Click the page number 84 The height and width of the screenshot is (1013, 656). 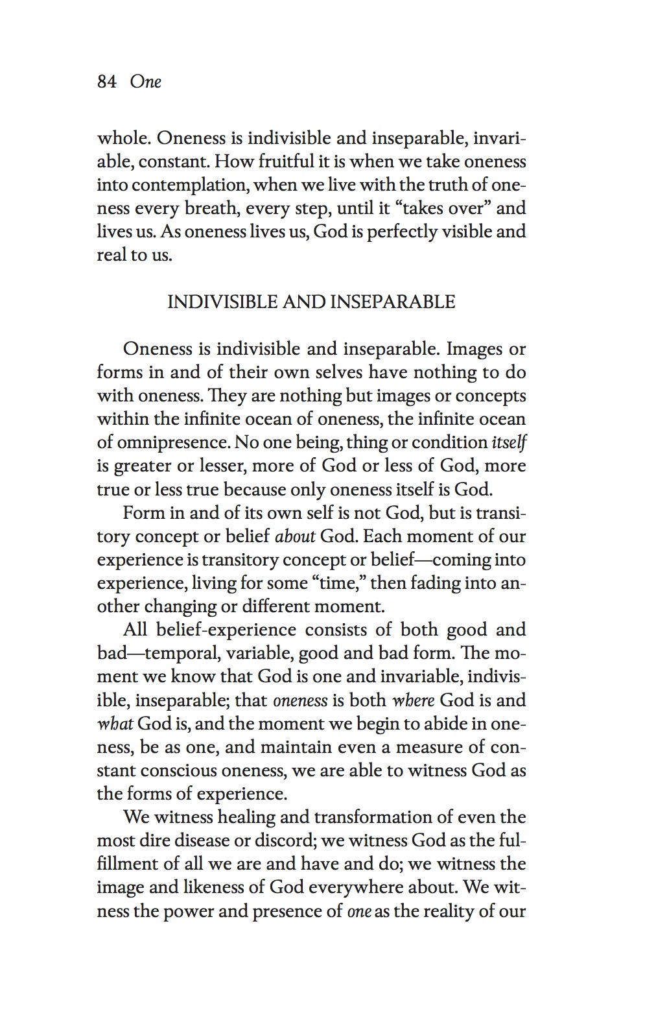(106, 82)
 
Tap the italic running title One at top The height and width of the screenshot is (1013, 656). (145, 82)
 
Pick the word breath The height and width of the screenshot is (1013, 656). (211, 208)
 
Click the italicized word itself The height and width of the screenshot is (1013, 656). (509, 443)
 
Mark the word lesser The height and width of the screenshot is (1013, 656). (218, 466)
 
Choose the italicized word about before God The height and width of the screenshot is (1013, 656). (296, 537)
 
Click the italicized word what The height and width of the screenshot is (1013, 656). (115, 724)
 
